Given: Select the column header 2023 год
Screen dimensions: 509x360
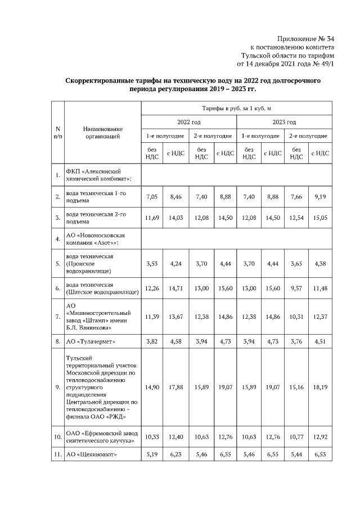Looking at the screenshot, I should click(x=284, y=121).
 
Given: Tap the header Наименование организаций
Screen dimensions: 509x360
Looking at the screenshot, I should click(x=102, y=132).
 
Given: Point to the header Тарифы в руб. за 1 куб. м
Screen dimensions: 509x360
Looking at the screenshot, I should click(x=236, y=107).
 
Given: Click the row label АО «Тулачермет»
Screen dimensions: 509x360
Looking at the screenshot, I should click(x=91, y=341).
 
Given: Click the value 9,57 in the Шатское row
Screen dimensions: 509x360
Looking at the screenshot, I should click(x=296, y=288).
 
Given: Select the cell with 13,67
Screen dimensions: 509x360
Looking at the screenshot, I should click(x=176, y=317).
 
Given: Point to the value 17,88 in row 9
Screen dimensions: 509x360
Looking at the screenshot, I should click(x=176, y=387).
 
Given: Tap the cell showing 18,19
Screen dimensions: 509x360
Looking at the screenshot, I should click(x=320, y=387).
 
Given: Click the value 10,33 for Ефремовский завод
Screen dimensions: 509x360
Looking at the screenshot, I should click(x=152, y=436).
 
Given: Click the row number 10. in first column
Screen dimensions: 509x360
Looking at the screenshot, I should click(x=57, y=436).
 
